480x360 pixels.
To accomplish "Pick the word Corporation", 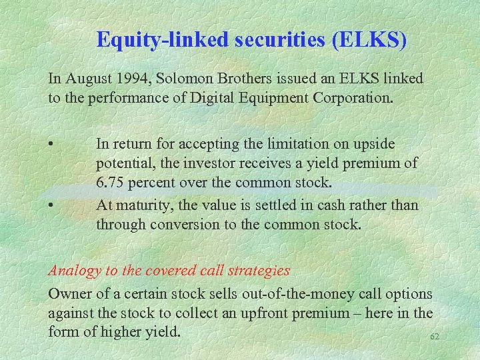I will pos(351,98).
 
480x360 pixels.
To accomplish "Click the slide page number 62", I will pos(435,337).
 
